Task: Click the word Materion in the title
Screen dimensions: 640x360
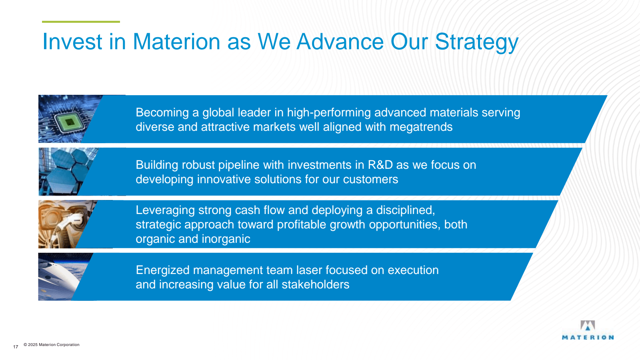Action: [x=176, y=42]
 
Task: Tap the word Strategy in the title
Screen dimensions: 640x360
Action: [x=476, y=42]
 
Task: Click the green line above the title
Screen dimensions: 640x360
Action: [x=81, y=22]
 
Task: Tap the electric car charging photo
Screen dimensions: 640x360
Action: [x=66, y=224]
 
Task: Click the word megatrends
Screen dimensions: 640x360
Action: [x=421, y=127]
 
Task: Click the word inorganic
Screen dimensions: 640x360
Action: [x=226, y=239]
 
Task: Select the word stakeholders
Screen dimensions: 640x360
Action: [x=316, y=284]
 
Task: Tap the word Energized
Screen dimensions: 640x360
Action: [x=162, y=270]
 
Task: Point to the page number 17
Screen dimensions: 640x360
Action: [x=16, y=347]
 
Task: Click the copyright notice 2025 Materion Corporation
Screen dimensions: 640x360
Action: [x=52, y=344]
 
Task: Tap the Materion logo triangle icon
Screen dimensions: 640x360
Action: [x=588, y=326]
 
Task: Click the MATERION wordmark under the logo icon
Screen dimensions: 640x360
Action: [x=588, y=338]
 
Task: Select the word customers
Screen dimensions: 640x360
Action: [x=370, y=180]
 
